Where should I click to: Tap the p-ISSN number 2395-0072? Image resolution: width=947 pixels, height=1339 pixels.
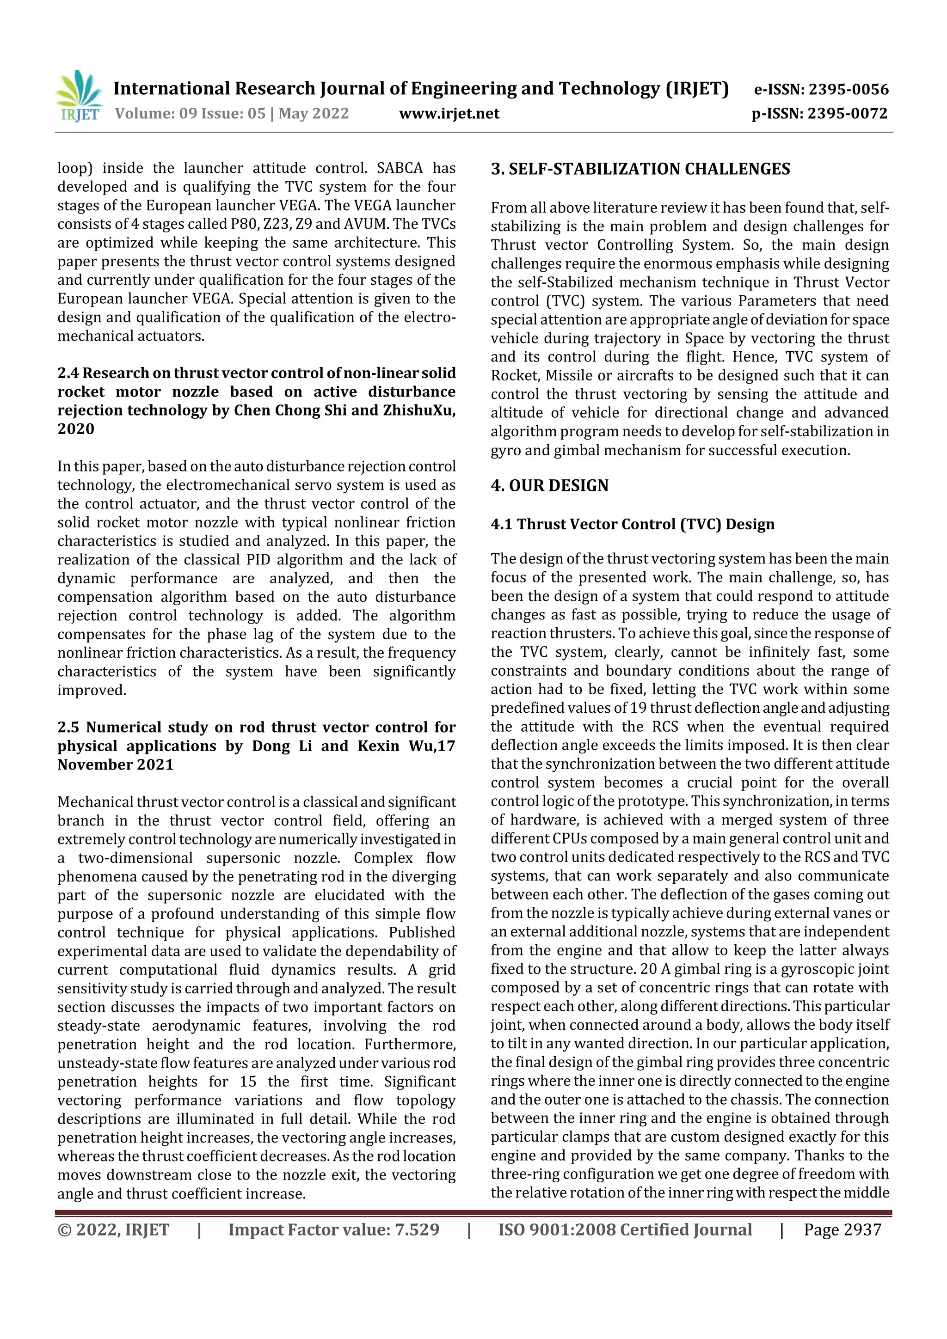pyautogui.click(x=847, y=114)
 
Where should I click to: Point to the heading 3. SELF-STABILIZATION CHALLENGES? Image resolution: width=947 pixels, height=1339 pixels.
pyautogui.click(x=640, y=169)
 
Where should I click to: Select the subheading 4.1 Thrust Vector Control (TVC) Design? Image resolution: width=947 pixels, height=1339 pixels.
pyautogui.click(x=633, y=524)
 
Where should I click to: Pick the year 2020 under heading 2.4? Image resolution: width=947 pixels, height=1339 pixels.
pyautogui.click(x=76, y=429)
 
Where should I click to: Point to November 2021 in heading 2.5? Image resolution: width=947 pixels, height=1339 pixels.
pyautogui.click(x=116, y=765)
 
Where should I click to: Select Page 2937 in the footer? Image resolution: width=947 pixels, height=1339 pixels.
pyautogui.click(x=842, y=1230)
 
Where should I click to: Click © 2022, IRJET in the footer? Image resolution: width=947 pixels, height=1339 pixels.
pyautogui.click(x=113, y=1230)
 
